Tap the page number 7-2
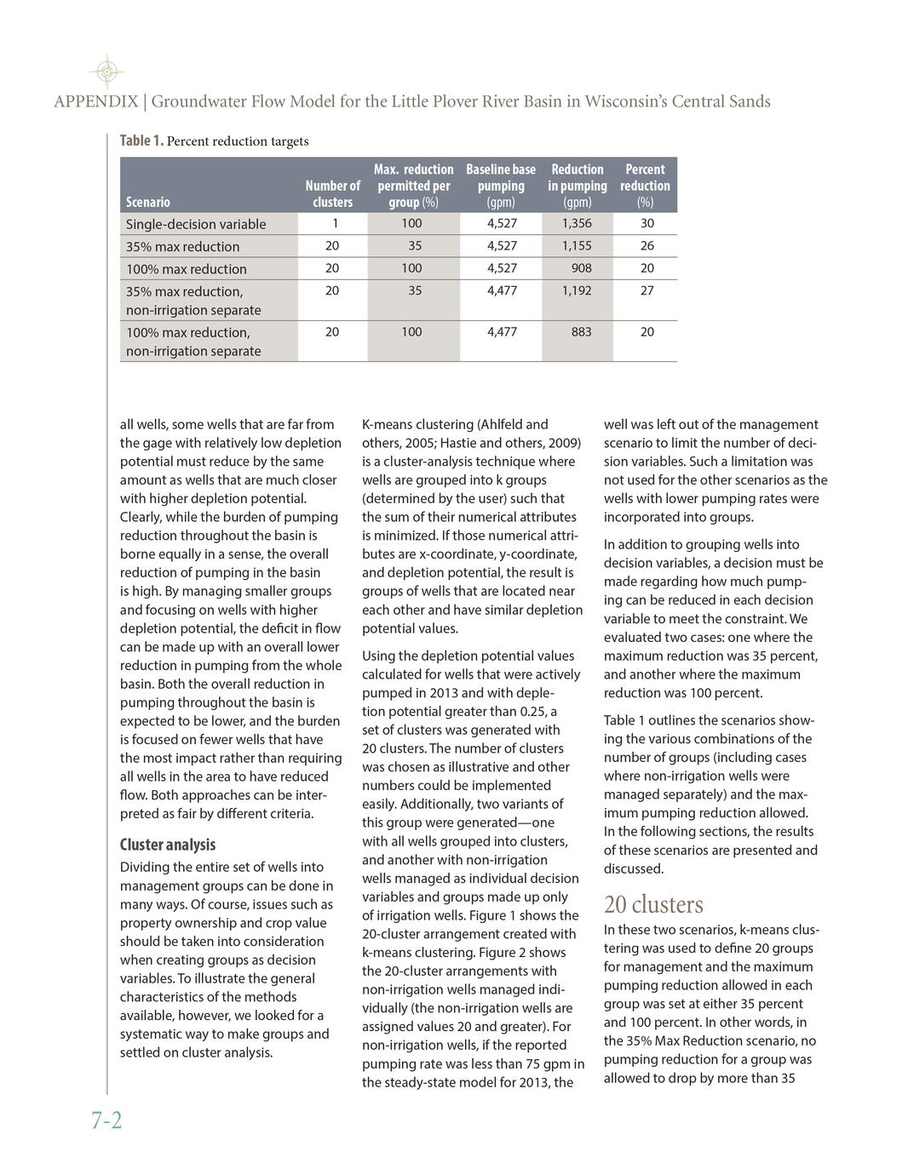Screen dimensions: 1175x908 pyautogui.click(x=106, y=1121)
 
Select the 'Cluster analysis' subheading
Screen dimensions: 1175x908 pyautogui.click(x=168, y=845)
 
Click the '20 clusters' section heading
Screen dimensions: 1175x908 pyautogui.click(x=653, y=903)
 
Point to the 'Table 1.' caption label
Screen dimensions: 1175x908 pyautogui.click(x=141, y=140)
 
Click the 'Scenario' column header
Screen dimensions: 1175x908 pyautogui.click(x=147, y=202)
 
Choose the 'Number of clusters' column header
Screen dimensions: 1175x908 pyautogui.click(x=332, y=193)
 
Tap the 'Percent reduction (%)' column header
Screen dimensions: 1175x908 pyautogui.click(x=645, y=186)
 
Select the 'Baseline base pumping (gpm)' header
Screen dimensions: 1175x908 pyautogui.click(x=501, y=186)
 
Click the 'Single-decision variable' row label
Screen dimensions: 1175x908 pyautogui.click(x=196, y=224)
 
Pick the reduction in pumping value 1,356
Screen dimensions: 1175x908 pyautogui.click(x=577, y=223)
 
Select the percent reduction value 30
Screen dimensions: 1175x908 pyautogui.click(x=647, y=223)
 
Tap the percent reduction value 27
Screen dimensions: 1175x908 pyautogui.click(x=647, y=289)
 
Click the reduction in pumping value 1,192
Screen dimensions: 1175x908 pyautogui.click(x=577, y=289)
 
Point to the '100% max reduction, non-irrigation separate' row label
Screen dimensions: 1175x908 pyautogui.click(x=193, y=341)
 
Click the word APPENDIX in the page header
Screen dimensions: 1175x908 pyautogui.click(x=95, y=102)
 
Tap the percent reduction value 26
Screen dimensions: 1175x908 pyautogui.click(x=647, y=245)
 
